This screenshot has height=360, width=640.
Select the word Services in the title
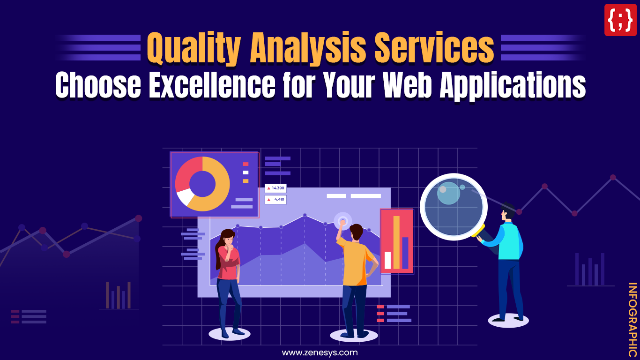click(x=435, y=49)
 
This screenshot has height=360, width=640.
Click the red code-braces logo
click(x=620, y=20)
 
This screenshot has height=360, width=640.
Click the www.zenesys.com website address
click(x=320, y=352)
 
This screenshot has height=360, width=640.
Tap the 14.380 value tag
click(x=275, y=188)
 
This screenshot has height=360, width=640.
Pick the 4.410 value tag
click(x=275, y=199)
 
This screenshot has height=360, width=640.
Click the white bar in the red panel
click(x=387, y=260)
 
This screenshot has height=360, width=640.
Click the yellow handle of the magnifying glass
click(x=478, y=230)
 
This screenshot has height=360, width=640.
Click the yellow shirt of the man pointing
click(x=355, y=265)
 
